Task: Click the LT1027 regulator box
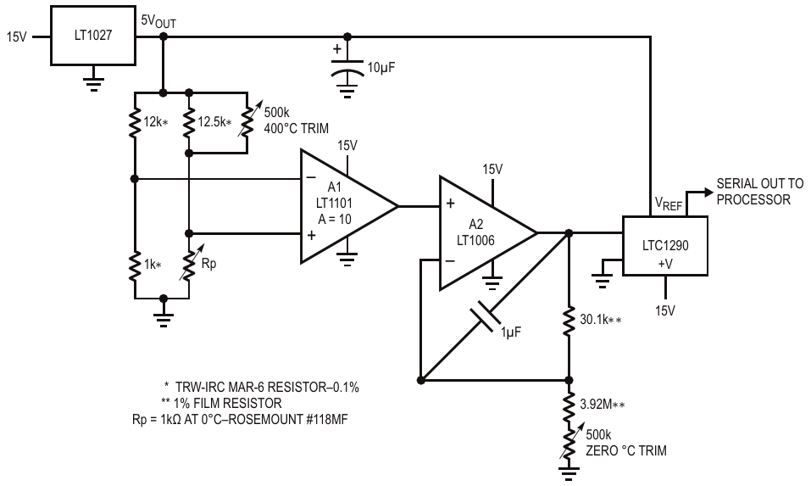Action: (x=93, y=36)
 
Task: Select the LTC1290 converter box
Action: (x=664, y=245)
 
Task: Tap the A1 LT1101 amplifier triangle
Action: (x=349, y=206)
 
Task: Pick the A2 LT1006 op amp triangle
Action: (x=488, y=233)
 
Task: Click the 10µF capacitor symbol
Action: (x=347, y=68)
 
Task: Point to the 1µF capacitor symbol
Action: (x=485, y=316)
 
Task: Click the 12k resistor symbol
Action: (x=135, y=123)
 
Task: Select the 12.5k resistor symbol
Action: (x=189, y=123)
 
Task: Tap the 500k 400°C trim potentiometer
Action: (x=247, y=123)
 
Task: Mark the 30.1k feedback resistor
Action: (x=569, y=321)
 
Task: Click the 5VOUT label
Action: (x=158, y=21)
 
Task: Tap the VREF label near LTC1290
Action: (x=669, y=204)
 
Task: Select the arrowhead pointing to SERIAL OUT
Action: (x=708, y=192)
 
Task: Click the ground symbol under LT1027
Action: (x=93, y=84)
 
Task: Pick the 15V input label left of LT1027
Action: (x=17, y=37)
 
